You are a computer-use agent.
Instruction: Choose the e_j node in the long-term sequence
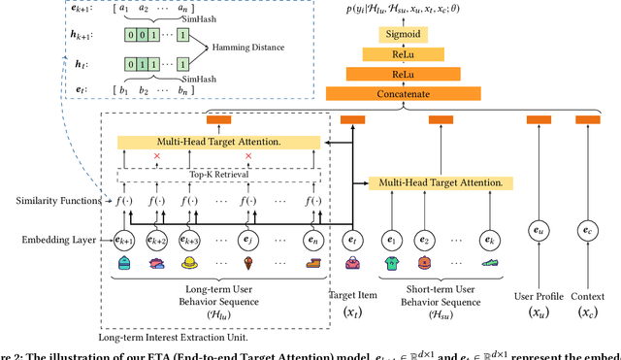click(x=248, y=239)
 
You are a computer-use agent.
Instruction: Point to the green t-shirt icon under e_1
click(x=391, y=263)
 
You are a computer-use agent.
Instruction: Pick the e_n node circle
click(x=310, y=239)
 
